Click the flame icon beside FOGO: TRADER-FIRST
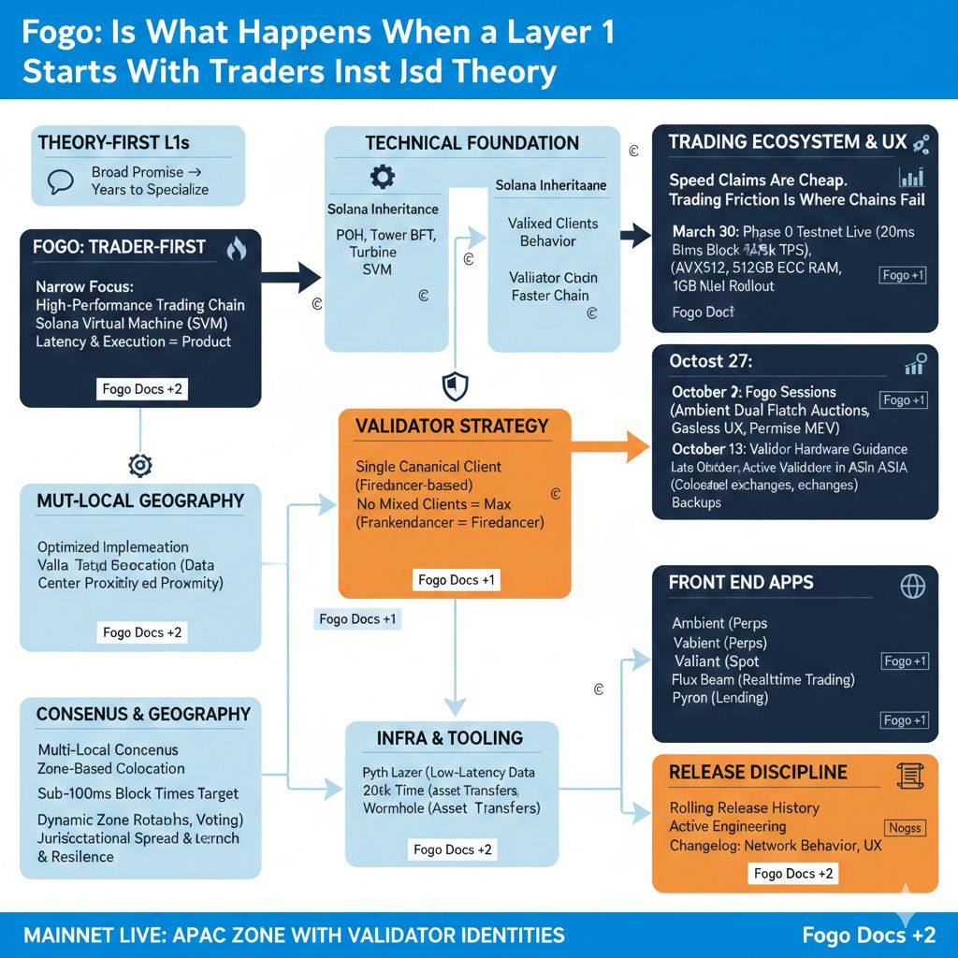click(x=237, y=248)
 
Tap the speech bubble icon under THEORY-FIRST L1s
click(x=61, y=181)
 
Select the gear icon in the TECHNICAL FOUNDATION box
click(x=383, y=177)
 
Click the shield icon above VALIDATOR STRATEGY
click(x=454, y=385)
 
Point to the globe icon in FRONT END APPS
click(x=911, y=586)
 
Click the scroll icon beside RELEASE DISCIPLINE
click(x=906, y=774)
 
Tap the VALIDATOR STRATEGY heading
click(x=452, y=426)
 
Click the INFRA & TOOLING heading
click(x=449, y=738)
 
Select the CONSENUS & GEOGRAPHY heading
click(x=143, y=714)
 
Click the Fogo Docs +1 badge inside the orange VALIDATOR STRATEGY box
click(x=457, y=580)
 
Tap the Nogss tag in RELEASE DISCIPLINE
click(x=905, y=827)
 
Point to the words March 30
click(x=705, y=230)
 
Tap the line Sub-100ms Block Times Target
click(x=138, y=793)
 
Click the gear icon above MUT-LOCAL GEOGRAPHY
click(x=140, y=465)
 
